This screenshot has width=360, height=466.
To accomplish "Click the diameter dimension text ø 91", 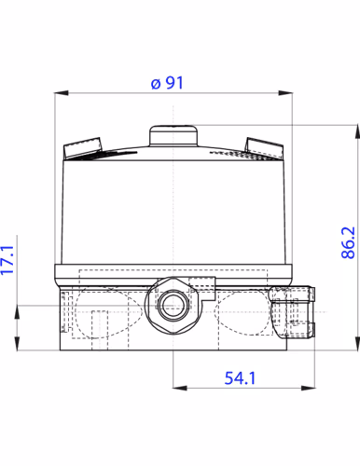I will click(x=168, y=82).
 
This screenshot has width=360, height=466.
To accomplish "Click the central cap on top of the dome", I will click(x=174, y=135).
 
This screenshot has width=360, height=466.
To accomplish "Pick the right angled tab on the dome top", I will click(x=267, y=146).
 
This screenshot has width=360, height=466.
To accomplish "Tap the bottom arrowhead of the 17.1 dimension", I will click(x=19, y=346).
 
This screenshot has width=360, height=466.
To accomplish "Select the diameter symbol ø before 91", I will click(x=154, y=82).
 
